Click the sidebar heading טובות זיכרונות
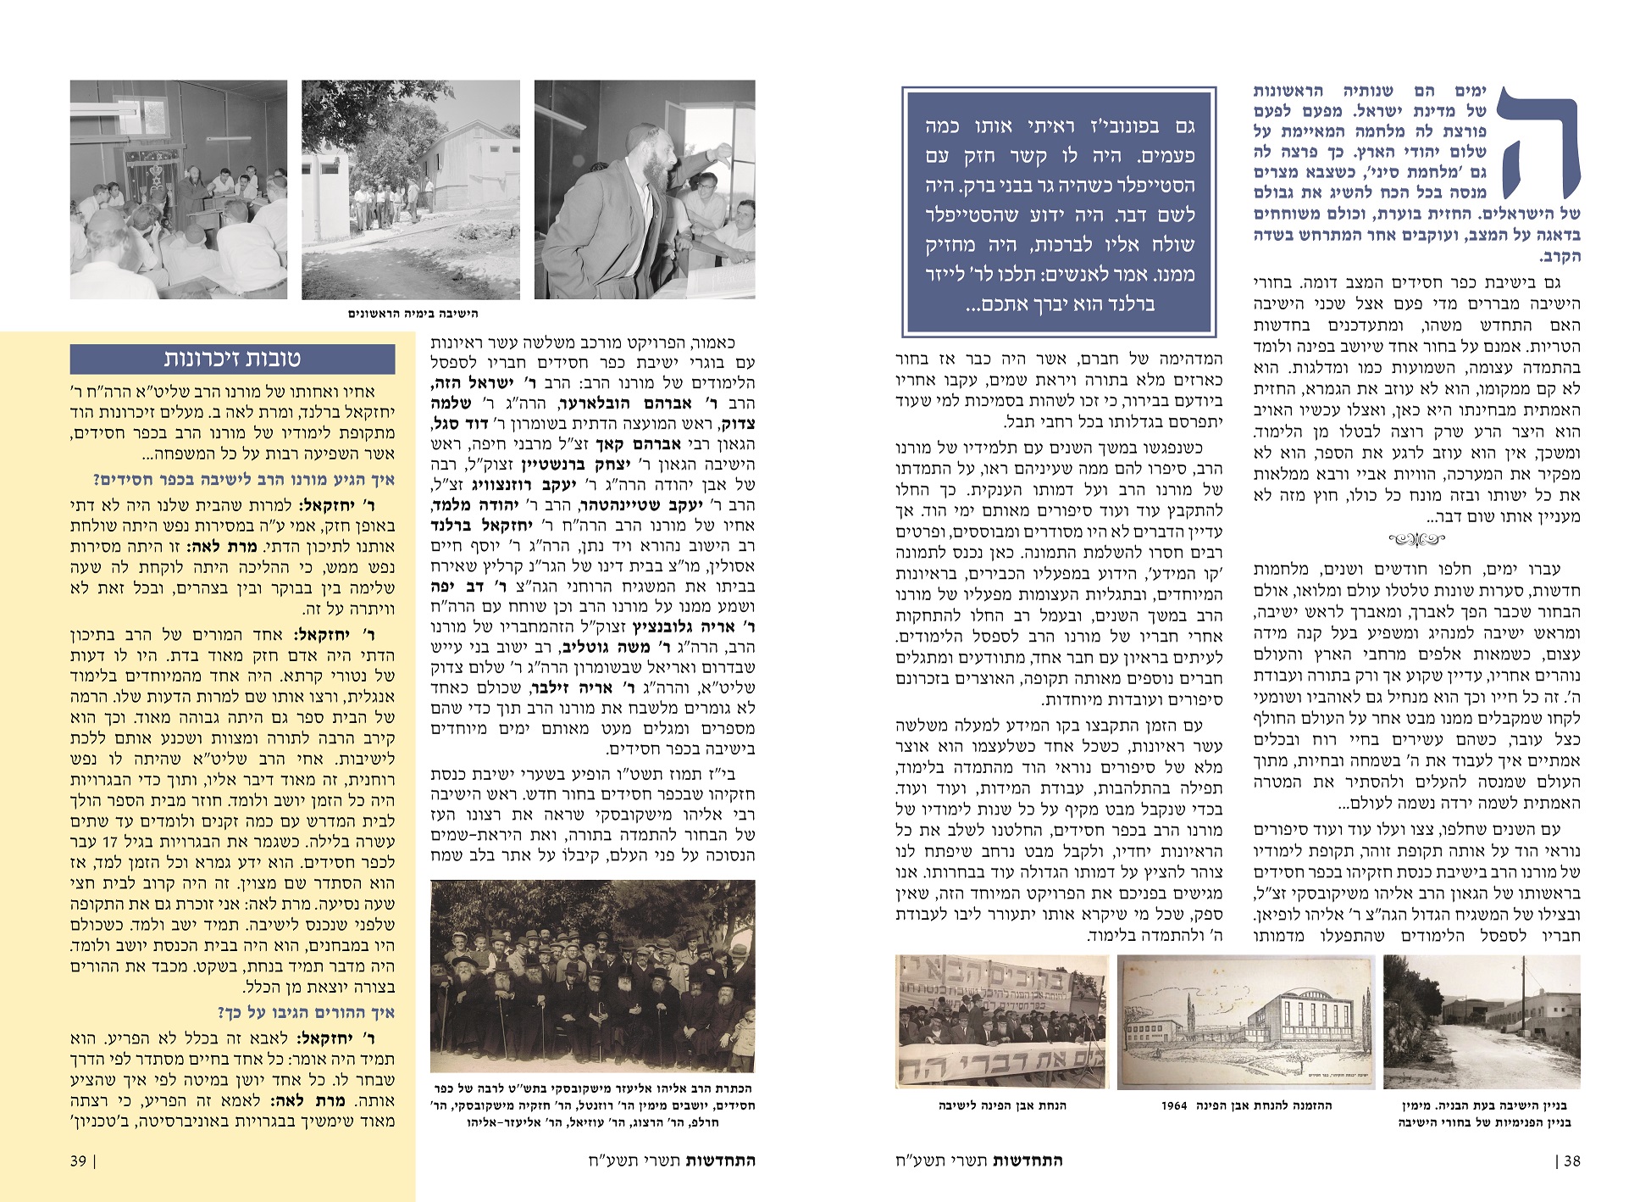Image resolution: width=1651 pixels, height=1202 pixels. pos(232,359)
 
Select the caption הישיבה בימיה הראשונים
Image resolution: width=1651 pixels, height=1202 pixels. pos(413,314)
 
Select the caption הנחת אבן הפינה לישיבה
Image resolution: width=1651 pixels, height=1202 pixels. pos(1002,1105)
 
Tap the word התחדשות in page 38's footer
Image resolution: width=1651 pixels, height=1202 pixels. pos(1028,1160)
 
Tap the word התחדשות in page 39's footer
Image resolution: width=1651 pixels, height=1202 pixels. pos(719,1160)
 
